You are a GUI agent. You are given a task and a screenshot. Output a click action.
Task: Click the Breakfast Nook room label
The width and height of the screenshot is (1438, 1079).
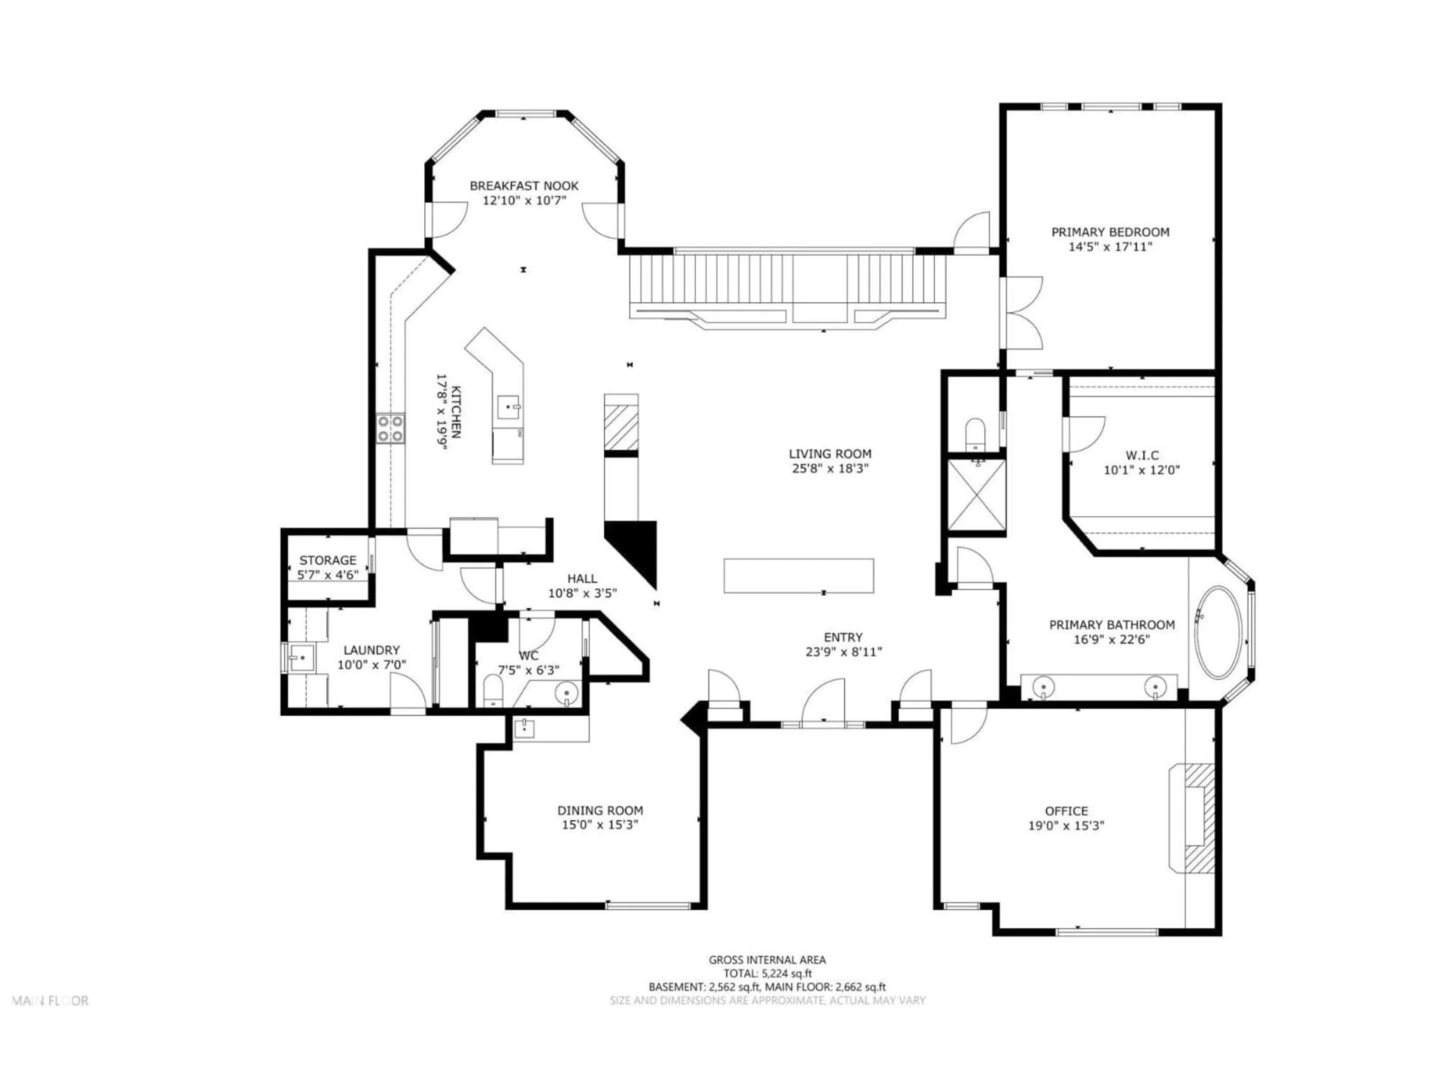click(x=524, y=186)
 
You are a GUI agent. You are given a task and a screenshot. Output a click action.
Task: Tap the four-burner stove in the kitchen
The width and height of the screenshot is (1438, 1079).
click(x=391, y=429)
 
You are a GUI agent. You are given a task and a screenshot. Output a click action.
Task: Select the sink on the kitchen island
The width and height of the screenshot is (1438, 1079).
click(x=509, y=407)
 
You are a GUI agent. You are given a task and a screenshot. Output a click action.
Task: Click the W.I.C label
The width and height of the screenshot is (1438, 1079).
click(x=1141, y=455)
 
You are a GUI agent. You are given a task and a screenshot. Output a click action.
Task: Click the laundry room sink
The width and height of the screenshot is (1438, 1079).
click(x=301, y=658)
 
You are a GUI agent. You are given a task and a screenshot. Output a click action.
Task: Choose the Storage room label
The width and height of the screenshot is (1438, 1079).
click(x=328, y=560)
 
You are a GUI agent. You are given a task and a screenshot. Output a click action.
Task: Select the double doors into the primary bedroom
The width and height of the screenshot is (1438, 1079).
click(x=1023, y=312)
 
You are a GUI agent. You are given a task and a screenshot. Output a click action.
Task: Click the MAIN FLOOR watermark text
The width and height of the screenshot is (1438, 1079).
click(x=51, y=1001)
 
